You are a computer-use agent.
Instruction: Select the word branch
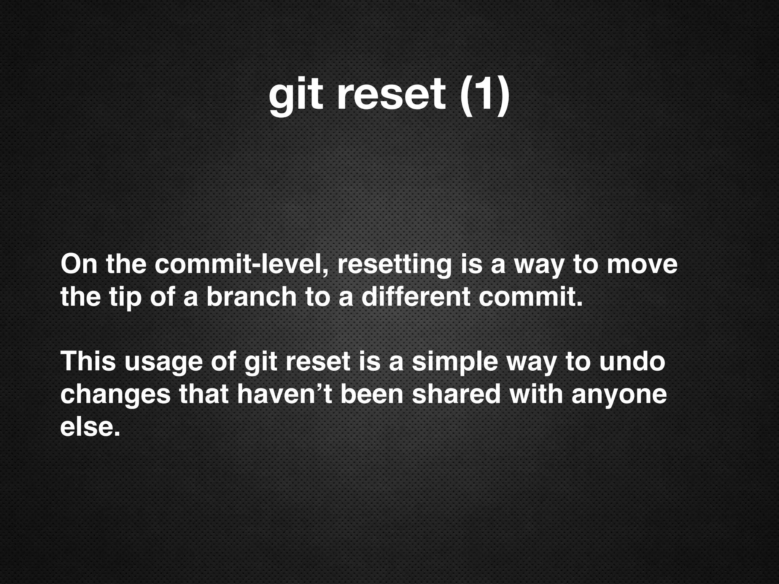pyautogui.click(x=251, y=297)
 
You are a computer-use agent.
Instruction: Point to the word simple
pyautogui.click(x=455, y=362)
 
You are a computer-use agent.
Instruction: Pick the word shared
pyautogui.click(x=456, y=394)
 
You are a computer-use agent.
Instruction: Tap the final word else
pyautogui.click(x=90, y=427)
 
